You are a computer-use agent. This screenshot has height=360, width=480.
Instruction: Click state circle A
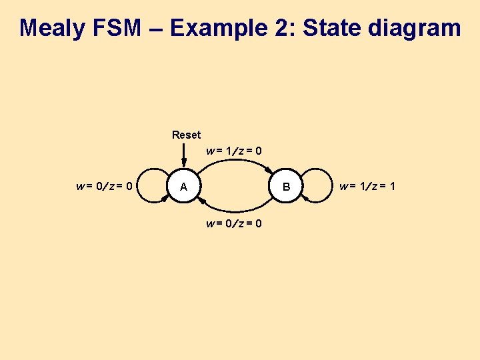[184, 187]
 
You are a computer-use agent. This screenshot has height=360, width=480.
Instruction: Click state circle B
[286, 187]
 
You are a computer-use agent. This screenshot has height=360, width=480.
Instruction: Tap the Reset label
[186, 135]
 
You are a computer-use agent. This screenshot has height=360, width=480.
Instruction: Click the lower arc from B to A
[235, 210]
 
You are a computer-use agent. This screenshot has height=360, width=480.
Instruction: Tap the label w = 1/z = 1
[367, 187]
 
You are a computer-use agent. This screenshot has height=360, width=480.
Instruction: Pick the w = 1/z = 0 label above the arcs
[234, 151]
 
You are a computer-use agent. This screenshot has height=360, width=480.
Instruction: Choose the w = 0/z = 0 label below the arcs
[234, 223]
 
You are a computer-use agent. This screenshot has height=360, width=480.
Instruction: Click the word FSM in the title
[123, 28]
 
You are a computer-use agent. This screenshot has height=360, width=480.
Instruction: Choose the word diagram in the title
[417, 28]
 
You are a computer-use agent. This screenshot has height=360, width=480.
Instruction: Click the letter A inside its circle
[184, 188]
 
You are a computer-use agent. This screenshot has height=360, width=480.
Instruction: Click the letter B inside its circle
[286, 188]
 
